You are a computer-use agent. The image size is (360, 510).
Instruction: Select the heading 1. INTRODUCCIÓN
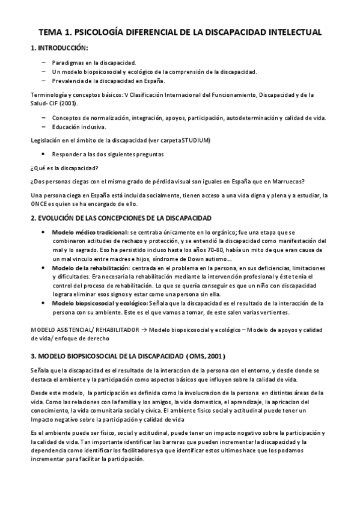pos(58,48)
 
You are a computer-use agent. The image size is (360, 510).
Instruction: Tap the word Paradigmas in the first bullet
pos(67,62)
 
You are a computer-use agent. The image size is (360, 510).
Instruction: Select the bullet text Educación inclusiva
pos(79,127)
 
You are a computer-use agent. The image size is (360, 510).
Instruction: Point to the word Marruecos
pos(287,182)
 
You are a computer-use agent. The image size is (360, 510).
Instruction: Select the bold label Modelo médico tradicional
pos(90,232)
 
